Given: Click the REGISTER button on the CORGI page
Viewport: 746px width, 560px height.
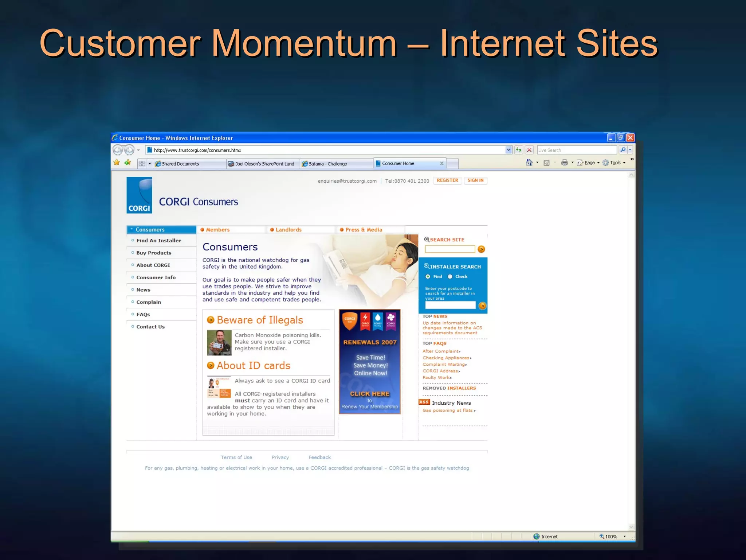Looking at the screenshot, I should [447, 180].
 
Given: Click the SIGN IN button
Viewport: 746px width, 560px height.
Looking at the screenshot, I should [475, 180].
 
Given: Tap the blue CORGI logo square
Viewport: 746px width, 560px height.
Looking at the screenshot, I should [139, 195].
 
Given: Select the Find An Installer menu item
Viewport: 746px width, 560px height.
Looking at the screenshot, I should [158, 241].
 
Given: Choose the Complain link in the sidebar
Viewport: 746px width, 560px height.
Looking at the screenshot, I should [149, 302].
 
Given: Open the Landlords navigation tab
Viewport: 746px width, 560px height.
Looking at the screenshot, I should [288, 230].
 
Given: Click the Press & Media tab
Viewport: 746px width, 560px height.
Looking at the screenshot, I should [364, 230].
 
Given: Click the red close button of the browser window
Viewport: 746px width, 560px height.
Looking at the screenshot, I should [630, 138].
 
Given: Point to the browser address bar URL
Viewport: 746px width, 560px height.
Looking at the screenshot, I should [197, 150].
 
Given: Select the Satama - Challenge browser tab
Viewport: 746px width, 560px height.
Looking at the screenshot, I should [327, 164].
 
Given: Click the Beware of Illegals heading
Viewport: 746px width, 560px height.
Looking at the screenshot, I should [260, 320].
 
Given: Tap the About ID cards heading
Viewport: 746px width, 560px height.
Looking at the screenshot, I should [254, 366].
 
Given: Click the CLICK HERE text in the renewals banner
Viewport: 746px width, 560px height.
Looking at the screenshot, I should [370, 394].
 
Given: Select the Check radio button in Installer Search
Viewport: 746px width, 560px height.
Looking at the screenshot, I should [450, 277].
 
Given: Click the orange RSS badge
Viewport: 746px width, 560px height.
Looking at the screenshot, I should [424, 402].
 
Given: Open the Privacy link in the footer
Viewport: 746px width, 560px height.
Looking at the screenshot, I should [280, 458].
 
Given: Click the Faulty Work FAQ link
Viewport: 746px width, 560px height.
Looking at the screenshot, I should [436, 378].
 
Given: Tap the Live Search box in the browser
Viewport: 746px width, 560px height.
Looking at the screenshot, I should [576, 150].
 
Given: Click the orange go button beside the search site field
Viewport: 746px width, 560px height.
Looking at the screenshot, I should [481, 249].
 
